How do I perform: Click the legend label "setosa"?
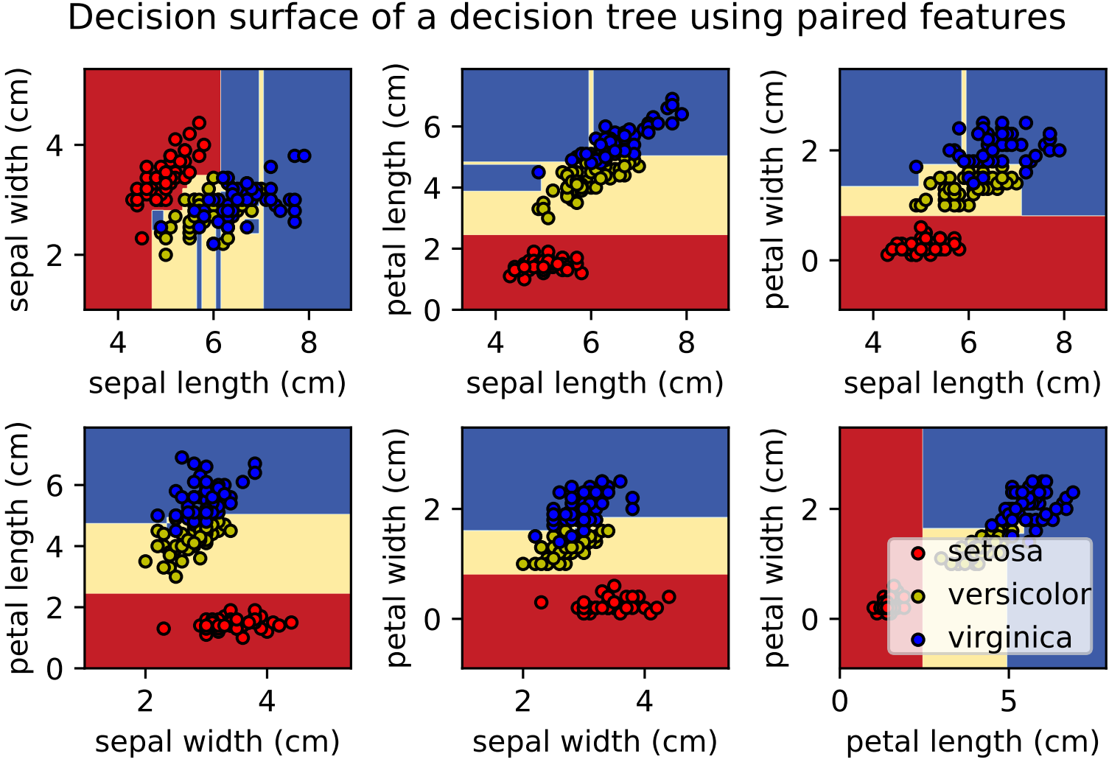(995, 552)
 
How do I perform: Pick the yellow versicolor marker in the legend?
(917, 596)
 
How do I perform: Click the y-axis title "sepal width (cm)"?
(18, 189)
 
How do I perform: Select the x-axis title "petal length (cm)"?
(972, 742)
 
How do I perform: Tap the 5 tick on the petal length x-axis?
(1007, 702)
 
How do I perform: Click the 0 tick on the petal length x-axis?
(840, 702)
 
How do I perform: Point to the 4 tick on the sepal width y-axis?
(55, 145)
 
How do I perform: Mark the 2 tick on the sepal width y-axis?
(55, 255)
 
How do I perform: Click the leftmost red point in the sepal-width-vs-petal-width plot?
(541, 602)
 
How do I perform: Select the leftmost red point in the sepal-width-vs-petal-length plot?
(164, 629)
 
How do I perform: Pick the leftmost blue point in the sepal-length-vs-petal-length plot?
(539, 172)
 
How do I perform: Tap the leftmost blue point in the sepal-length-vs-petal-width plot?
(916, 167)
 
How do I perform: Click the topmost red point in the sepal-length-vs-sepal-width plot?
(199, 123)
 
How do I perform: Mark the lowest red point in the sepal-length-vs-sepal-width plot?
(142, 238)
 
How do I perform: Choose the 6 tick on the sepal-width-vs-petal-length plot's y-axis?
(55, 485)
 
